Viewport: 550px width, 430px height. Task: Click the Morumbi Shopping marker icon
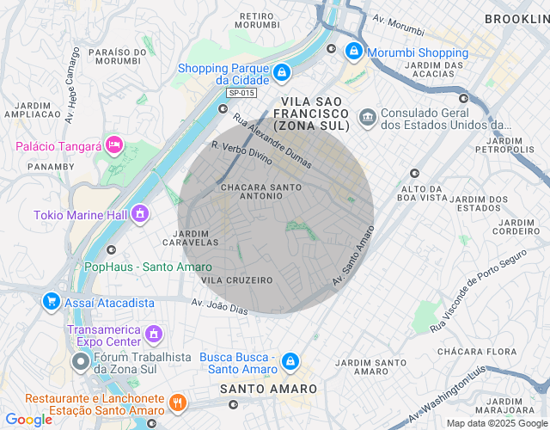pyautogui.click(x=353, y=52)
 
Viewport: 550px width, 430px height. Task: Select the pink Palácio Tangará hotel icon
pyautogui.click(x=113, y=144)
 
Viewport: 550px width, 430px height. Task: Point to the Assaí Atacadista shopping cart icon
pyautogui.click(x=52, y=301)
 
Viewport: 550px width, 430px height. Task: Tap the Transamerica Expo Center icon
pyautogui.click(x=154, y=332)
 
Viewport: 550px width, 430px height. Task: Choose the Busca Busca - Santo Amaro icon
pyautogui.click(x=290, y=360)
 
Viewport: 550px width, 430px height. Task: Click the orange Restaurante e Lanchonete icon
pyautogui.click(x=177, y=402)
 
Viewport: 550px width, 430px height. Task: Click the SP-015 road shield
pyautogui.click(x=241, y=93)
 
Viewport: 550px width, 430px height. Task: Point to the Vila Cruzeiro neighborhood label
pyautogui.click(x=236, y=280)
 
